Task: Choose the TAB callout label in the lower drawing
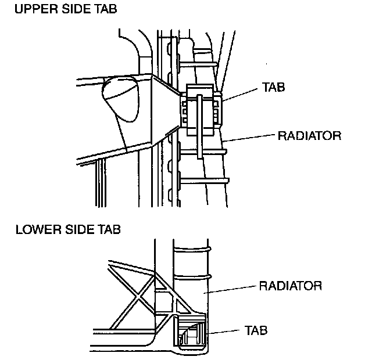[255, 330]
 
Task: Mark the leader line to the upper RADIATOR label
[250, 138]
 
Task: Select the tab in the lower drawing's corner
[192, 336]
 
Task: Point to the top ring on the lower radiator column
[192, 251]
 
